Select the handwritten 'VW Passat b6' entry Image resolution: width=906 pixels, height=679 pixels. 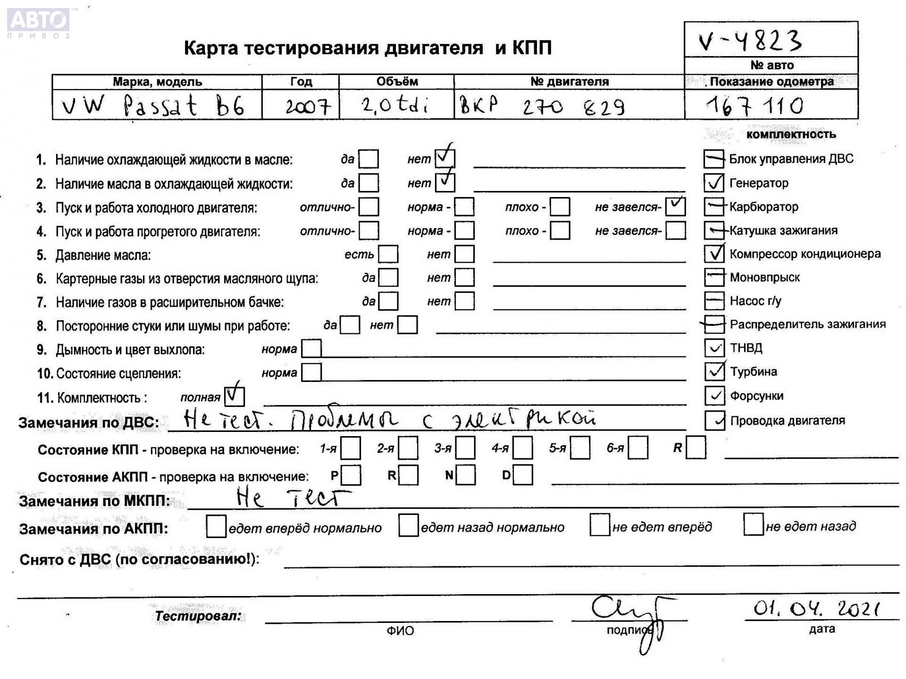153,106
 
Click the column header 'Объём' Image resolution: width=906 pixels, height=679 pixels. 397,82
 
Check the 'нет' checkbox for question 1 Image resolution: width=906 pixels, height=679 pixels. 445,158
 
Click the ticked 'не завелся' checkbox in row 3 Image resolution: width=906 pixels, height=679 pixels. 675,207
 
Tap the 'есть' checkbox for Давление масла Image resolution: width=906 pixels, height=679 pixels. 388,254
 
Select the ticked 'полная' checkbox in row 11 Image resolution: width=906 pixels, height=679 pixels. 235,396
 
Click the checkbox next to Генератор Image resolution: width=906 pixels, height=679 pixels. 713,183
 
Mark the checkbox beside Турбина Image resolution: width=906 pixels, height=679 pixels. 714,372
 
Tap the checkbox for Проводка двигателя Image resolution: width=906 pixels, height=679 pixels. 714,421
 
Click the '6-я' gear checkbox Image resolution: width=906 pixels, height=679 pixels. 638,448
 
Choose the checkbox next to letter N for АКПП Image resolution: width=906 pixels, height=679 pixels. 466,475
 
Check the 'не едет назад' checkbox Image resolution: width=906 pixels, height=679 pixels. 753,525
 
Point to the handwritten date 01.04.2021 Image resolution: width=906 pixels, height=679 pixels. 816,609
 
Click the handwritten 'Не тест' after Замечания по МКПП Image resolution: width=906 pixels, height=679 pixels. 293,498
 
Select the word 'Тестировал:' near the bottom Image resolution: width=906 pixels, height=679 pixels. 198,616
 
